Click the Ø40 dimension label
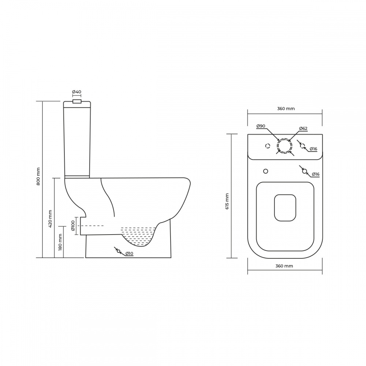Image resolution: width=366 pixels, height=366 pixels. (x=76, y=92)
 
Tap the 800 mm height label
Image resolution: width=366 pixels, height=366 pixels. (x=38, y=176)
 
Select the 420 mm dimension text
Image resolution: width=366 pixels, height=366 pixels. (x=50, y=219)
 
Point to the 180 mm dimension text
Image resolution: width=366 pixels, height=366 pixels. (x=60, y=242)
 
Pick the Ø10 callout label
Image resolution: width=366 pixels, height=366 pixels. (x=129, y=254)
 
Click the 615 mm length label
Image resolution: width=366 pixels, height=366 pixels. (x=227, y=201)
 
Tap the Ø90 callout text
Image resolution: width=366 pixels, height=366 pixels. (x=261, y=126)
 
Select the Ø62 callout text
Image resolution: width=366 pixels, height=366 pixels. (x=303, y=128)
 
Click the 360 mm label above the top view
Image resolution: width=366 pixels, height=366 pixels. (x=286, y=109)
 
